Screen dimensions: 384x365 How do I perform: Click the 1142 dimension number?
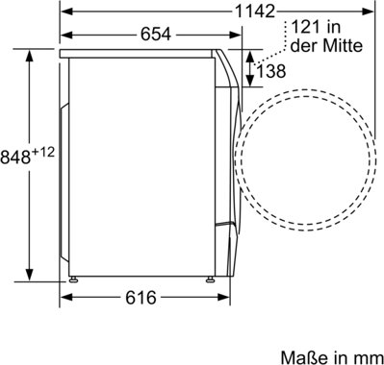[255, 12]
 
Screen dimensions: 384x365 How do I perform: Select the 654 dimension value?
[156, 35]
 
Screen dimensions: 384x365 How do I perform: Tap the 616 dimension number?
[141, 298]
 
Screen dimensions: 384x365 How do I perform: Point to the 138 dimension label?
[271, 71]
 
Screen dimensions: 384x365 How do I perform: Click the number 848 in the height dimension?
[15, 157]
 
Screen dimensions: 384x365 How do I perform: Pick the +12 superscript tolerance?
[43, 152]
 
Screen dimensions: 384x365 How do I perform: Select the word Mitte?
[343, 46]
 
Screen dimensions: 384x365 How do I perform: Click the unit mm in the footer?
[372, 358]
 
